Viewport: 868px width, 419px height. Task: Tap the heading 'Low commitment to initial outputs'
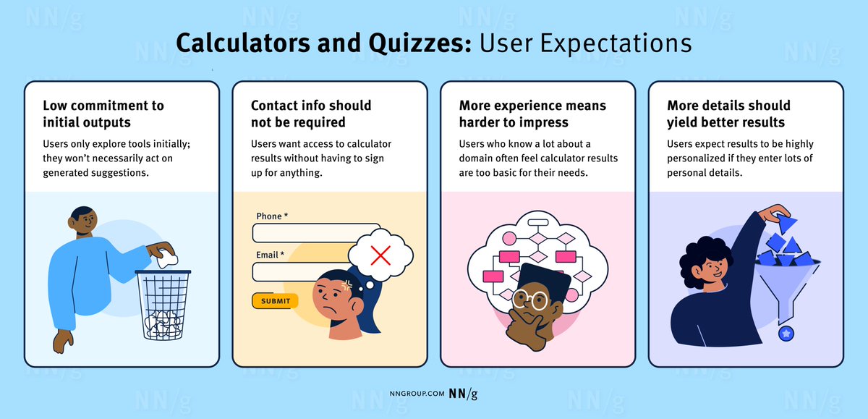tap(103, 114)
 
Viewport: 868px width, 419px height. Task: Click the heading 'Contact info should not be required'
tap(311, 114)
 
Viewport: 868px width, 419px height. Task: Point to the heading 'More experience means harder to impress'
tap(532, 114)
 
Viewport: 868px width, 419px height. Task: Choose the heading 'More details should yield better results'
tap(728, 114)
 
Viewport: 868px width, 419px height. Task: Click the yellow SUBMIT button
tap(275, 301)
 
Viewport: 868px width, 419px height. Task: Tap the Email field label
tap(270, 255)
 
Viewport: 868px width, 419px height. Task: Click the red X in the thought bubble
tap(380, 254)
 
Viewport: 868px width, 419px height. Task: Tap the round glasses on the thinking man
tap(530, 300)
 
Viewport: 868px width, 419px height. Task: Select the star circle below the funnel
tap(786, 333)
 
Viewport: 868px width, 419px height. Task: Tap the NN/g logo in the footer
tap(463, 394)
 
